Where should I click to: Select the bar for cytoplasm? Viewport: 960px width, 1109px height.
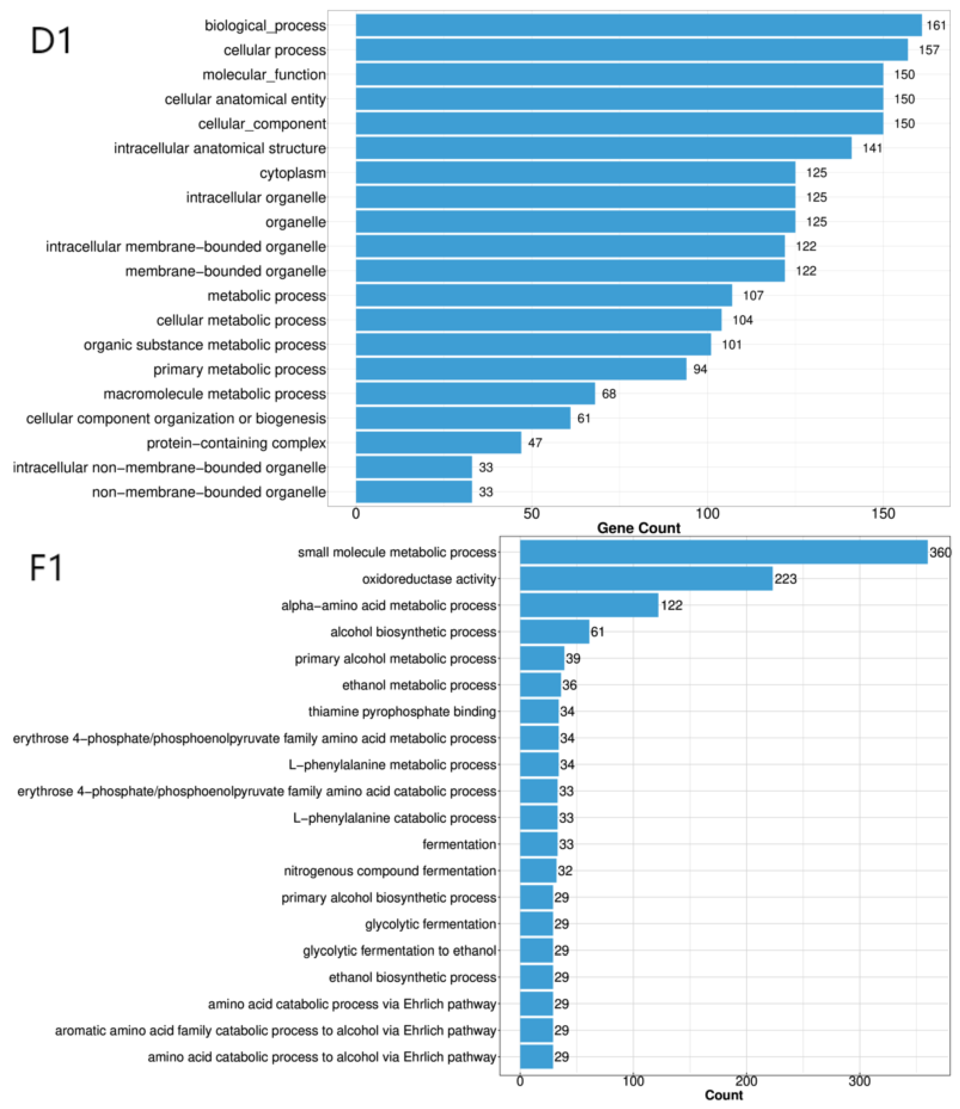(x=575, y=172)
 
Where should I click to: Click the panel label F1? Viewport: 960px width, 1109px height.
(x=46, y=569)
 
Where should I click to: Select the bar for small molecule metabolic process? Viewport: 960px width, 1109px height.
(x=723, y=552)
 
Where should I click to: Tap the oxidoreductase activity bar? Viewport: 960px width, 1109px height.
(x=646, y=579)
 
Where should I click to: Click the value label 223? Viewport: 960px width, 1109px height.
(x=785, y=579)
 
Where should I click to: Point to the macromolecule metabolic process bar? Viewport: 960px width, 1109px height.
(x=475, y=394)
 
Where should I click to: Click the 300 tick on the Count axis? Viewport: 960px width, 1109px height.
(x=859, y=1081)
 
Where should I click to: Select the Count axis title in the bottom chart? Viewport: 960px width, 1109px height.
(x=723, y=1095)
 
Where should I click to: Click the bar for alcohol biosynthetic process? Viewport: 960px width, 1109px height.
(x=554, y=632)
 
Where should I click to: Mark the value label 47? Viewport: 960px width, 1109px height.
(x=535, y=443)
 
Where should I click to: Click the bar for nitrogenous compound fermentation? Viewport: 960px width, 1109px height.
(x=538, y=871)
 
